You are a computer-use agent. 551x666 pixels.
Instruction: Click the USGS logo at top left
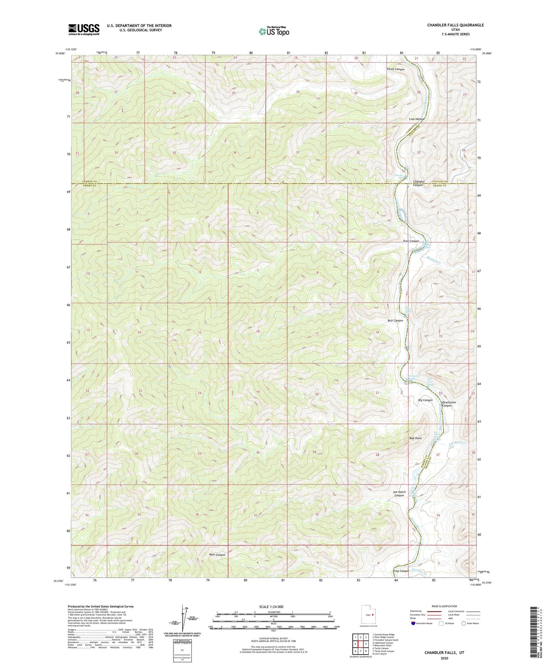point(84,29)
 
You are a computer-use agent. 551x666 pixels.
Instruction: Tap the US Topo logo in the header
point(273,32)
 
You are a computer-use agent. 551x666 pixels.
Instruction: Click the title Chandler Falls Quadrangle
point(455,25)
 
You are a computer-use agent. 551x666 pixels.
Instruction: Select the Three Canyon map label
point(395,69)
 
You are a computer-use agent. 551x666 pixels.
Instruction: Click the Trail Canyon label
point(411,241)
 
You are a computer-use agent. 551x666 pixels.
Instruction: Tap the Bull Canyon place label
point(395,321)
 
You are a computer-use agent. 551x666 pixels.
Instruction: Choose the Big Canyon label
point(425,400)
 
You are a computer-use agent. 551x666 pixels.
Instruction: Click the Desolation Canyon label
point(449,404)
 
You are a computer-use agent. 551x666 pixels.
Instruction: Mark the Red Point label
point(415,438)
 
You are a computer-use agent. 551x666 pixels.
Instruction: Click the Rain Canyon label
point(217,555)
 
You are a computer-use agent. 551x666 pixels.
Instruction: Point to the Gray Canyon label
point(401,571)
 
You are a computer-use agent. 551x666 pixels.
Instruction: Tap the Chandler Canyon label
point(419,183)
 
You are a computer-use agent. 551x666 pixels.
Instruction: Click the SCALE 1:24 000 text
point(273,607)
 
